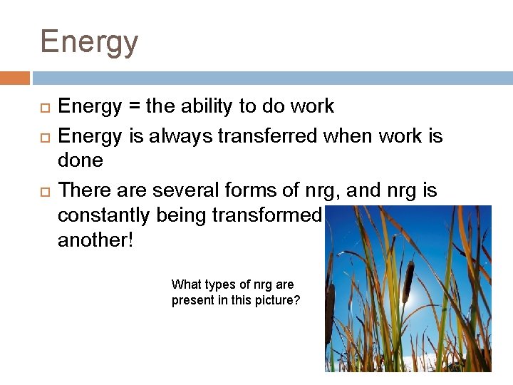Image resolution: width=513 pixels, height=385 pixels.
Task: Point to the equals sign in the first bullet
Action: pos(134,107)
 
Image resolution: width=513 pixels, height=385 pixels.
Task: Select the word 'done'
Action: pos(81,161)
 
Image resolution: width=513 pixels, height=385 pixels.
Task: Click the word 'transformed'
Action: pos(269,215)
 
